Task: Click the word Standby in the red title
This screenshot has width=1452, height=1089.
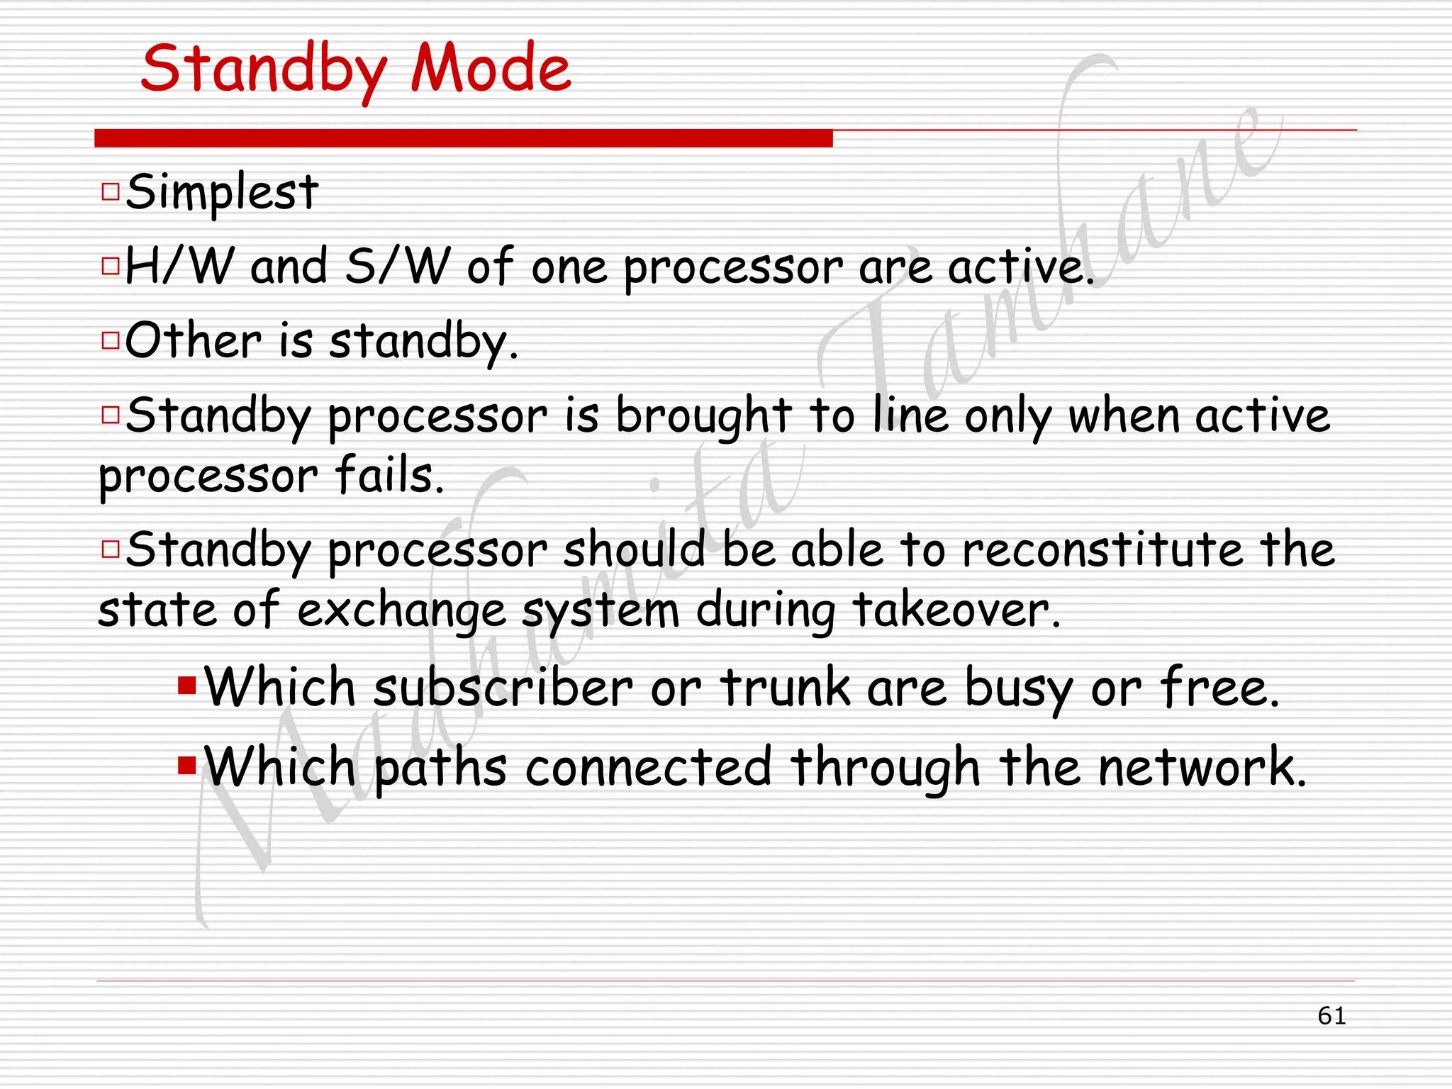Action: (264, 69)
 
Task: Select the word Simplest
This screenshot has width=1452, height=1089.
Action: (222, 192)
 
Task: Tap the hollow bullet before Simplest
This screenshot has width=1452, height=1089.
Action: (111, 191)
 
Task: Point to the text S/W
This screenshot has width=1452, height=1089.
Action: (397, 267)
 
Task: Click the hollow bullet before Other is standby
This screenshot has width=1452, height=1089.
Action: (111, 340)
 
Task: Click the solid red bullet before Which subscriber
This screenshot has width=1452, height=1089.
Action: (187, 686)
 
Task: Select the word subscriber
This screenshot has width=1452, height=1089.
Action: (503, 688)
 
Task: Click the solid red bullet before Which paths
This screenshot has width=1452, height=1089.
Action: (187, 766)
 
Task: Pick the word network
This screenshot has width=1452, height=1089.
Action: (1201, 767)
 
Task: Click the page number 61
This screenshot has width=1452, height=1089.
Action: (1331, 1016)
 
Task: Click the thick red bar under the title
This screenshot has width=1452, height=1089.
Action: (463, 138)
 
